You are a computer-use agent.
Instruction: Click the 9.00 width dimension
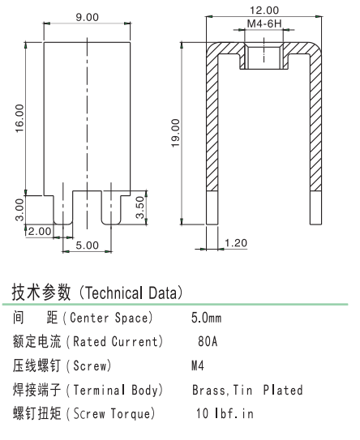tap(87, 17)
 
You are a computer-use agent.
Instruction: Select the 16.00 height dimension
tap(19, 118)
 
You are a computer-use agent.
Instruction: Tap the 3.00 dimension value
tap(19, 210)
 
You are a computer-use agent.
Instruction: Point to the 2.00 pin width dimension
tap(40, 231)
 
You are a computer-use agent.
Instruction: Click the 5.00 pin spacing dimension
tap(87, 246)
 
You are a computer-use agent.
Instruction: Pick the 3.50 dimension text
tap(139, 207)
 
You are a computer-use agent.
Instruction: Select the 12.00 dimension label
tap(264, 11)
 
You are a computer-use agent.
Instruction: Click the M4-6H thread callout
tap(264, 23)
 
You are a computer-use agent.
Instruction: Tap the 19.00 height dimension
tap(175, 133)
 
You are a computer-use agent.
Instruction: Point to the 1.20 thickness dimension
tap(236, 243)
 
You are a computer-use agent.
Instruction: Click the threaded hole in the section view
tap(264, 56)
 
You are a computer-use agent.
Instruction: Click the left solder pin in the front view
tap(63, 208)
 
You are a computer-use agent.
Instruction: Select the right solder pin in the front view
tap(111, 208)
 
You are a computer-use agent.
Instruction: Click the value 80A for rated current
tap(208, 341)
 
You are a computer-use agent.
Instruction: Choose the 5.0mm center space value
tap(207, 318)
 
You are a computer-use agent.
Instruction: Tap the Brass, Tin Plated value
tap(247, 390)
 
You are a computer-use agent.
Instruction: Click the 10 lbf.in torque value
tap(225, 413)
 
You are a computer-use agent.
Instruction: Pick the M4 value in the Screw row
tap(197, 365)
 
